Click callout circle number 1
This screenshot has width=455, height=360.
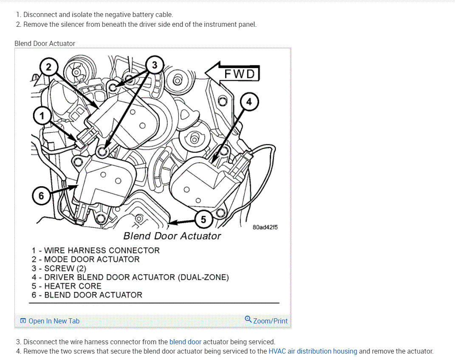point(42,115)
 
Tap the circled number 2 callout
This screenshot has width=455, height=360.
point(48,67)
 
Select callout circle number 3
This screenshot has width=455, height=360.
point(154,65)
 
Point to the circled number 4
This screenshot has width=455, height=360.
point(249,102)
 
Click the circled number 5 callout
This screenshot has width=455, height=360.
point(203,219)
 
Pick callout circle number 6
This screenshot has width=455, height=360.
point(41,196)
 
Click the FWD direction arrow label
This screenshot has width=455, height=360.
point(239,74)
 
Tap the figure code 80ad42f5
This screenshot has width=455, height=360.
point(265,227)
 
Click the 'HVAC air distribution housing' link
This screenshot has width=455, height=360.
point(313,351)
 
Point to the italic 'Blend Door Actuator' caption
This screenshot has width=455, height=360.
point(172,236)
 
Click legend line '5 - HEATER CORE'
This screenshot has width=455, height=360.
point(66,286)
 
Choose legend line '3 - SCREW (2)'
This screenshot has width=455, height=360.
point(59,268)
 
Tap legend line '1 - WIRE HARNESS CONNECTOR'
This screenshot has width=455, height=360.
point(96,250)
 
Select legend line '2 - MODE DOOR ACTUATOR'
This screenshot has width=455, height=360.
point(85,259)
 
